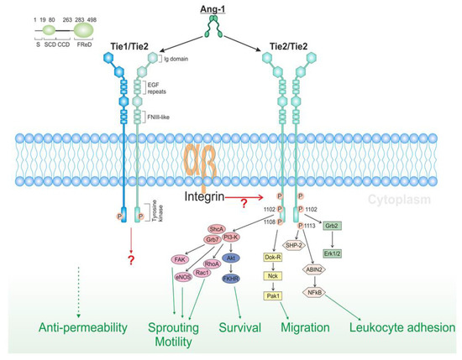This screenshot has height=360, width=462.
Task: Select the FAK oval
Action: [179, 259]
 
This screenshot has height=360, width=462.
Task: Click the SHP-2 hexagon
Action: [316, 245]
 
